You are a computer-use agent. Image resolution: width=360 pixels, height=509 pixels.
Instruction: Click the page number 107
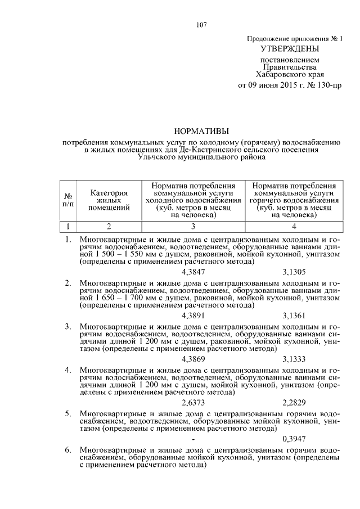click(202, 24)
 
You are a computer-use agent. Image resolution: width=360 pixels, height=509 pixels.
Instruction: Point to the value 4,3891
click(193, 316)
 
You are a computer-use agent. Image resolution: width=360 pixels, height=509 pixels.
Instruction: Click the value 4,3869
click(193, 359)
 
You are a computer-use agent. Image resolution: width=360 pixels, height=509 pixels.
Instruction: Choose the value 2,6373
click(193, 403)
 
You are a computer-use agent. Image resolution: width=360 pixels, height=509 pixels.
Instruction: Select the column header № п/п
click(68, 200)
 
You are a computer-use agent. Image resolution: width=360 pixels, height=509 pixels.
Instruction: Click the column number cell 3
click(193, 227)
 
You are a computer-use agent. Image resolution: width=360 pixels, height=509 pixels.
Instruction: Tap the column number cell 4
click(294, 227)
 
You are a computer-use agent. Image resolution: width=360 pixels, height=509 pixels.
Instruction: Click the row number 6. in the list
click(68, 451)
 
